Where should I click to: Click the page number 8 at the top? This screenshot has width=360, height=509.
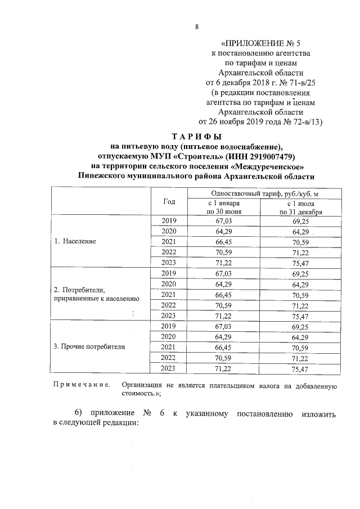coord(197,26)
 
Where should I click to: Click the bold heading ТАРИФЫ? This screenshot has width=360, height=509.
coord(197,137)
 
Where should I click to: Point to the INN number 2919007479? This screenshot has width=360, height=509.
coord(270,156)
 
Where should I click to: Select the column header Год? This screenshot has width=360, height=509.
coord(169,201)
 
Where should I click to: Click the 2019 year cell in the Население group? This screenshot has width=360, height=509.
coord(169,220)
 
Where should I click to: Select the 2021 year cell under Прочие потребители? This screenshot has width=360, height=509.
coord(169,347)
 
